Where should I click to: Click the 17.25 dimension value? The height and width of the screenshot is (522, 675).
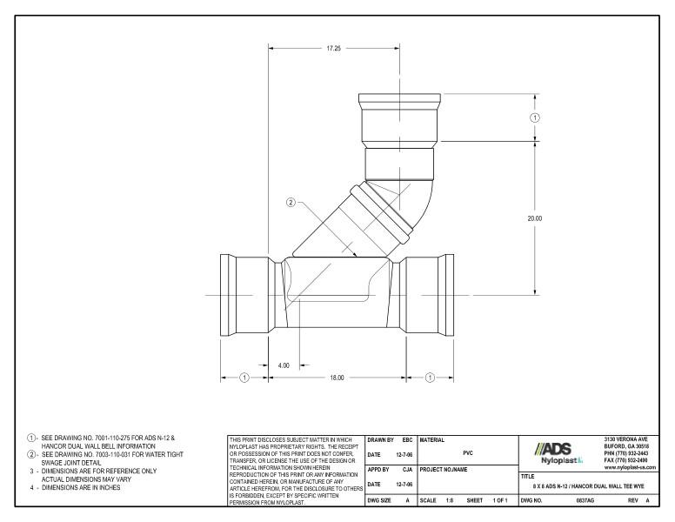(333, 49)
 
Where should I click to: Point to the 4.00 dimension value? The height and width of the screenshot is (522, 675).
(284, 365)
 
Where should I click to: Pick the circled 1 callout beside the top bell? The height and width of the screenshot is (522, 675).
(535, 117)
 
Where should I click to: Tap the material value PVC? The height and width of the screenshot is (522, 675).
(468, 453)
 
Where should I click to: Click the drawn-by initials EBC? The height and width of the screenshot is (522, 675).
(406, 440)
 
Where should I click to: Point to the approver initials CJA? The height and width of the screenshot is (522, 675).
(406, 469)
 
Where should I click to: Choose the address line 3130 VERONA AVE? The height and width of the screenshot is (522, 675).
(627, 439)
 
